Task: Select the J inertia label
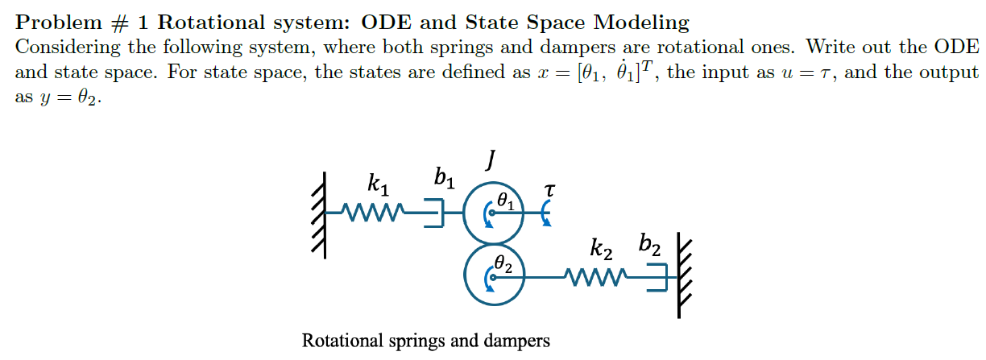click(489, 162)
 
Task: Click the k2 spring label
click(602, 250)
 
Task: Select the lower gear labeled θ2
click(495, 275)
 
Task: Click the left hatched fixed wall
click(321, 214)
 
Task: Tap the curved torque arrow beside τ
click(546, 213)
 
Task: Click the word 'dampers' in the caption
click(519, 341)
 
